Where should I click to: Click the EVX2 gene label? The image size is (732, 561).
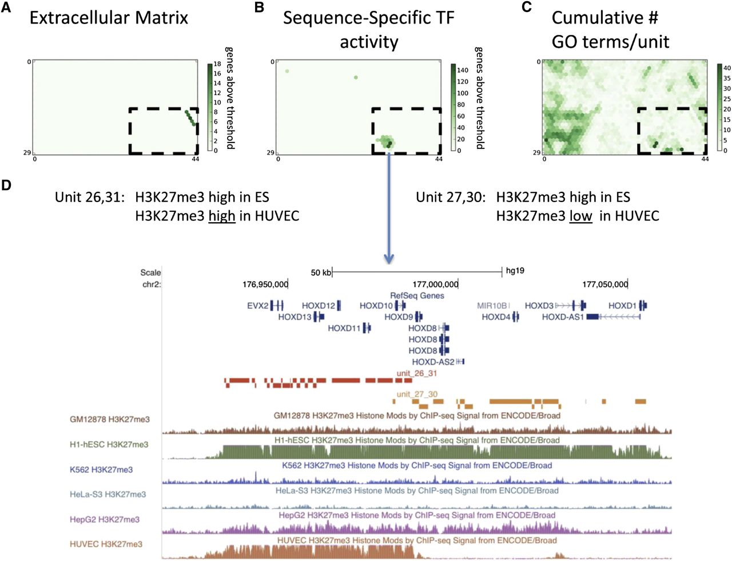(257, 306)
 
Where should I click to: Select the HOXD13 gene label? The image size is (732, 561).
(295, 317)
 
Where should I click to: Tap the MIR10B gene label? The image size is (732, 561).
(492, 306)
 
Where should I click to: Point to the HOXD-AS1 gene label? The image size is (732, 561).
(563, 317)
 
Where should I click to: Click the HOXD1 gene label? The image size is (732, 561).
(622, 306)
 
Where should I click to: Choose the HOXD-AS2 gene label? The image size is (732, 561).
(433, 362)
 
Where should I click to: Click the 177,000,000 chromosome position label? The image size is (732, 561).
(435, 284)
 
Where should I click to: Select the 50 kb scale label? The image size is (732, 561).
(320, 272)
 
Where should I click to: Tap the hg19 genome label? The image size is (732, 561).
(515, 271)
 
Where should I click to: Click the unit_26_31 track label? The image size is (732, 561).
(417, 373)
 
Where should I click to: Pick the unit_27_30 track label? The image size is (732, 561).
(417, 394)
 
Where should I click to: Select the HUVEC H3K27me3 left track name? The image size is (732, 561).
(106, 544)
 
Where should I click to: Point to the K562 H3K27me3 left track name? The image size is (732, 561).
(101, 469)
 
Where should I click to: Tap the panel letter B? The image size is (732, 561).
(259, 8)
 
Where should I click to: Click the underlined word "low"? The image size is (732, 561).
(580, 216)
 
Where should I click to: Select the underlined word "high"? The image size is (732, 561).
(222, 216)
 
